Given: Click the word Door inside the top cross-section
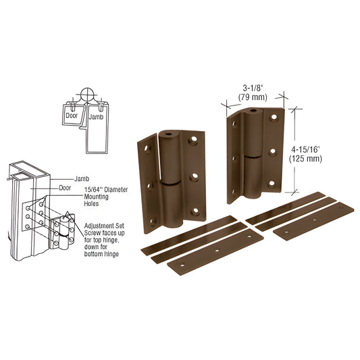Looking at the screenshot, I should (x=70, y=115).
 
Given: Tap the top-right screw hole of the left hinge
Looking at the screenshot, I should (x=193, y=143).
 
